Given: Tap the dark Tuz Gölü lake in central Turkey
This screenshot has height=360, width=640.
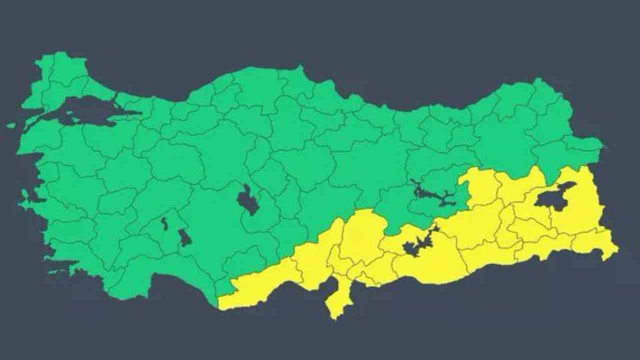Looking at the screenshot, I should (247, 200).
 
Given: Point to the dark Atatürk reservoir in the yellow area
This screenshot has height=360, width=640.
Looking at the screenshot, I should (415, 246).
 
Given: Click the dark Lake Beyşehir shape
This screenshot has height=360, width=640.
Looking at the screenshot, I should (184, 238).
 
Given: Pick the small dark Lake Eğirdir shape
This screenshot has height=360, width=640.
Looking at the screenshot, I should (164, 224).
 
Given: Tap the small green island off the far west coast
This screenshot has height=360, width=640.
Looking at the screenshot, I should (11, 125).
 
